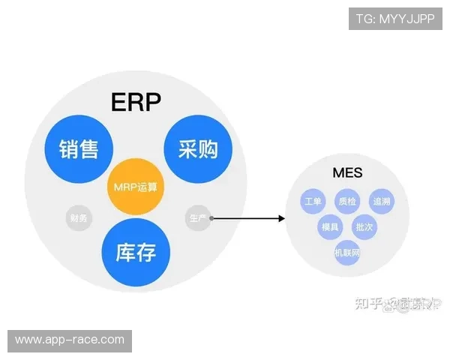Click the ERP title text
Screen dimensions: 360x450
[136, 101]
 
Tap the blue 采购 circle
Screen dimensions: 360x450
[197, 147]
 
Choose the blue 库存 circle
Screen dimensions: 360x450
[136, 253]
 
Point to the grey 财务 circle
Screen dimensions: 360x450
[78, 219]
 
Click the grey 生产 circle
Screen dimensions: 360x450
[197, 218]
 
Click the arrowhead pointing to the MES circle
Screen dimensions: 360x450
[281, 218]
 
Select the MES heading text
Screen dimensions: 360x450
[347, 173]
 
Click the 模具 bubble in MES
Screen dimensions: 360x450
[330, 226]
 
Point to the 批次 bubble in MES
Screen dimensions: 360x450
[365, 226]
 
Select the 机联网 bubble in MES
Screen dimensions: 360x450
[347, 253]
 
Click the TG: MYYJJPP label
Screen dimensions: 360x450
[395, 19]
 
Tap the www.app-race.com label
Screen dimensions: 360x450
[69, 340]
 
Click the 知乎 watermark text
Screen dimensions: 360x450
[367, 303]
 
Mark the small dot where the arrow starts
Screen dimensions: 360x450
[212, 218]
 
